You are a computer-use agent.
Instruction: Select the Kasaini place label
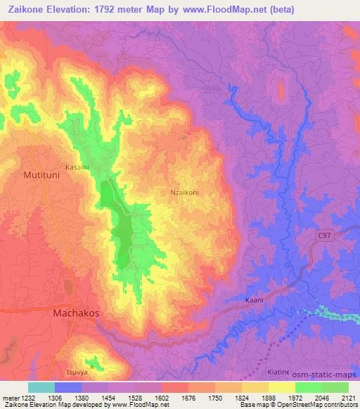[77, 167]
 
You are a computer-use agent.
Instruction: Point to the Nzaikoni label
[185, 190]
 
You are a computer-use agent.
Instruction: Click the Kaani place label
[254, 300]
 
